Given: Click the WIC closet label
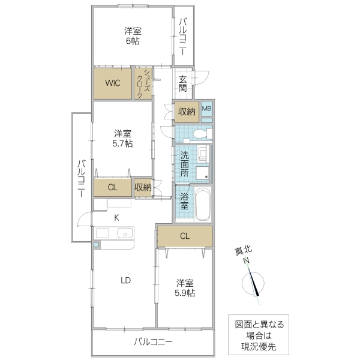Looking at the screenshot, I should pos(113,83).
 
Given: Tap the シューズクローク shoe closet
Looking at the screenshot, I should pos(144,83).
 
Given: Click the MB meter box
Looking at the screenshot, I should pos(206,109).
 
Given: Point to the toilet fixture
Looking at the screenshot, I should pos(191,133).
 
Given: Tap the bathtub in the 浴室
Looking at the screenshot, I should pos(202,203).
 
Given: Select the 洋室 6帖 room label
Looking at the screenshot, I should pos(132,36).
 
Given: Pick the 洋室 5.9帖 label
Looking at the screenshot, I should pos(185,287).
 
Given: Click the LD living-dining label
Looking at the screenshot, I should pos(125,280).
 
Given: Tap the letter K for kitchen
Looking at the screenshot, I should pos(117,217).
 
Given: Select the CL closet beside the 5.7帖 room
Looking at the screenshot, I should pos(112,188).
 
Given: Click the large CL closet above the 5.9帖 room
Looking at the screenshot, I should pos(185,236).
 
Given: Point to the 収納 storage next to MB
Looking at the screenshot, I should pos(187,111).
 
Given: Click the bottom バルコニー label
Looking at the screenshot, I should pos(152,343).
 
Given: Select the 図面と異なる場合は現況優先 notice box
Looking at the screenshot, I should pos(259,335).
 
